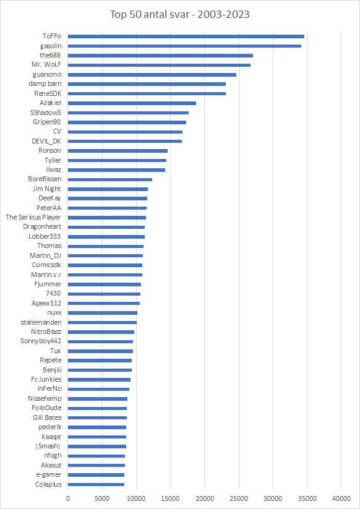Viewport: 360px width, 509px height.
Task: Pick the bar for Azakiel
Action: pyautogui.click(x=132, y=103)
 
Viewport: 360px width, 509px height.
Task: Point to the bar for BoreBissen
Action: pyautogui.click(x=110, y=179)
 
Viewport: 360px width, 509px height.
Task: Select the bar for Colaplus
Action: pyautogui.click(x=96, y=485)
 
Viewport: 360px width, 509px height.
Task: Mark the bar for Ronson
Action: pyautogui.click(x=118, y=151)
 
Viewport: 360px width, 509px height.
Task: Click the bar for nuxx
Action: pyautogui.click(x=103, y=313)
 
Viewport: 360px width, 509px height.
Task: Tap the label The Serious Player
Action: pyautogui.click(x=33, y=218)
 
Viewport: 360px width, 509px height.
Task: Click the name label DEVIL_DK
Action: pyautogui.click(x=46, y=141)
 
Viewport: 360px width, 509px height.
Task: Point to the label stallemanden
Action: pyautogui.click(x=41, y=322)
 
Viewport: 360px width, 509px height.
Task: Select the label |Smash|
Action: pyautogui.click(x=48, y=447)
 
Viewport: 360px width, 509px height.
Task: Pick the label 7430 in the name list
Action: pyautogui.click(x=54, y=294)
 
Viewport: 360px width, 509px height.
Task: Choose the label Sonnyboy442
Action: pyautogui.click(x=41, y=341)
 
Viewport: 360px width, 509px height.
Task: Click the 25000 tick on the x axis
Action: pyautogui.click(x=239, y=498)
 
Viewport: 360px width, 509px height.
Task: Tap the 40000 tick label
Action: pyautogui.click(x=341, y=498)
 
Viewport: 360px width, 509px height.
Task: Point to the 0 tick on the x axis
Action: pyautogui.click(x=68, y=498)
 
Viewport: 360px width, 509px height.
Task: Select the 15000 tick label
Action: pyautogui.click(x=171, y=498)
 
